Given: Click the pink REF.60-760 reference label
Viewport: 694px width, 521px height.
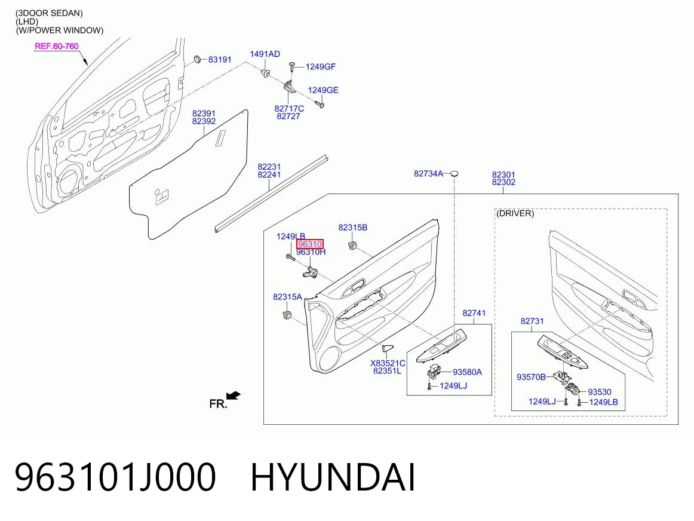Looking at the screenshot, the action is (x=56, y=46).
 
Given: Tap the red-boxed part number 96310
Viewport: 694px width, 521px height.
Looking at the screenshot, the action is (x=310, y=244).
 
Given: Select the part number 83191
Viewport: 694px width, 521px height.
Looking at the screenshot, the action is (x=220, y=60).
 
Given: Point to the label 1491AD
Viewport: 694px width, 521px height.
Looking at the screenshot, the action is (x=265, y=54).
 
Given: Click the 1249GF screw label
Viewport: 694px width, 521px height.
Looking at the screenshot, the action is (x=321, y=67).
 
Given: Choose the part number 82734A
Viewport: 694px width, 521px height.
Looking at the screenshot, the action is (x=428, y=173).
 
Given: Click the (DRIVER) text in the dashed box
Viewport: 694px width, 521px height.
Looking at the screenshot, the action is (x=515, y=213).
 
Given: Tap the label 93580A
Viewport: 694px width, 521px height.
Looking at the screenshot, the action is (x=467, y=372).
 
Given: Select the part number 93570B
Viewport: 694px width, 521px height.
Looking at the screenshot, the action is (x=531, y=377).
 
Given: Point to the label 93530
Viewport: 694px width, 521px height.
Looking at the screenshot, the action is (x=599, y=392).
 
